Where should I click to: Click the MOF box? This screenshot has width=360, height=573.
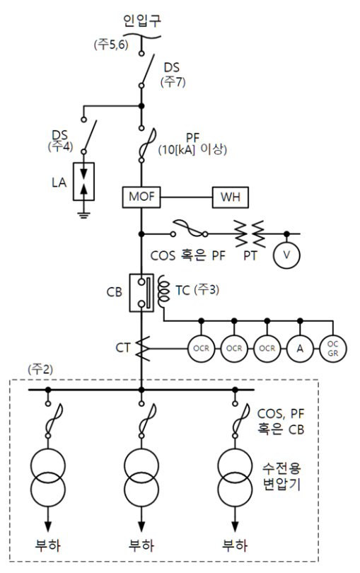pyautogui.click(x=141, y=197)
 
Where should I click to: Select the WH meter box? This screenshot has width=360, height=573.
pyautogui.click(x=231, y=197)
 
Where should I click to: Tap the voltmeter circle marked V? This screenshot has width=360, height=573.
pyautogui.click(x=287, y=255)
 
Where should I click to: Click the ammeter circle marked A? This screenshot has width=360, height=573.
pyautogui.click(x=300, y=349)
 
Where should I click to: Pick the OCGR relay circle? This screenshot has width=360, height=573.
pyautogui.click(x=333, y=349)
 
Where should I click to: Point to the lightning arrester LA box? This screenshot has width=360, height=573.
pyautogui.click(x=83, y=182)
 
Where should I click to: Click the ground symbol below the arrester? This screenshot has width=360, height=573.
pyautogui.click(x=83, y=214)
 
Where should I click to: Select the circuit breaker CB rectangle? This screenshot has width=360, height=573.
pyautogui.click(x=141, y=293)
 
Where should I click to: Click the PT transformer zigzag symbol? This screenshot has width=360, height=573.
pyautogui.click(x=250, y=233)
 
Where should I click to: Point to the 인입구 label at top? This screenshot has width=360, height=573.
pyautogui.click(x=141, y=21)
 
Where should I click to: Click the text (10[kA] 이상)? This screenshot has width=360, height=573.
pyautogui.click(x=192, y=149)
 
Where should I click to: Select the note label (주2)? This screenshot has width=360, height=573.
pyautogui.click(x=40, y=369)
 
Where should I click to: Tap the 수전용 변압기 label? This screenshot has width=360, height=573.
pyautogui.click(x=281, y=476)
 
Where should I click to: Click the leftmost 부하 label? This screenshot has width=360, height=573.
pyautogui.click(x=48, y=545)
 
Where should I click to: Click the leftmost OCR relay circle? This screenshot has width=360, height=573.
pyautogui.click(x=201, y=349)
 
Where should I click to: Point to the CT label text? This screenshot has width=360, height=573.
pyautogui.click(x=123, y=347)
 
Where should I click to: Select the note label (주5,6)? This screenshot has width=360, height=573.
pyautogui.click(x=111, y=45)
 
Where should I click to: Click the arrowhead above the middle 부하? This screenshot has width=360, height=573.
pyautogui.click(x=141, y=526)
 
